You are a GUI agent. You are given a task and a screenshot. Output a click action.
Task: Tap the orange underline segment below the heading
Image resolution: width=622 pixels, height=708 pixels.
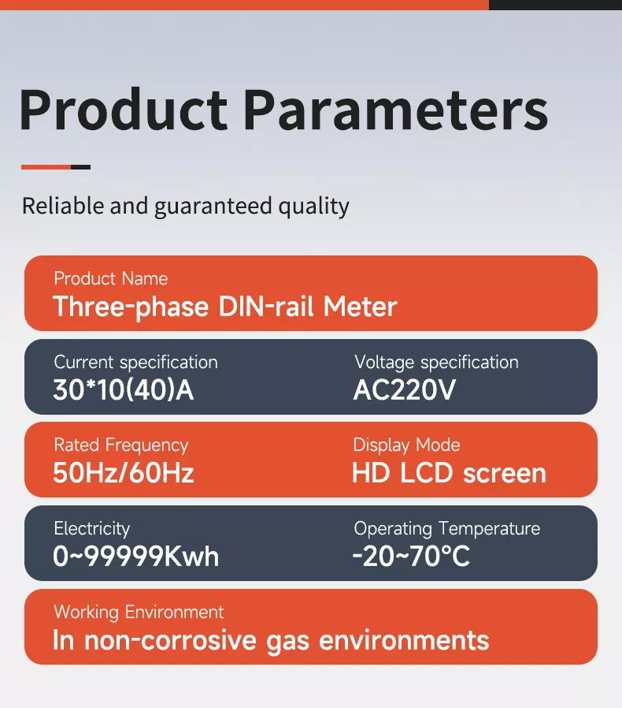(x=46, y=167)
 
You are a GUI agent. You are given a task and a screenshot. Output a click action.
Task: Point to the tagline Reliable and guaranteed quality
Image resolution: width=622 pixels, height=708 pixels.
(x=185, y=207)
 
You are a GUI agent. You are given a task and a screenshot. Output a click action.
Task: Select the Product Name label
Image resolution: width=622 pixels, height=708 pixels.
(x=110, y=278)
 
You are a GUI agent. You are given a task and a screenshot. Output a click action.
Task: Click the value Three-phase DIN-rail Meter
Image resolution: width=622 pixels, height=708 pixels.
(x=224, y=306)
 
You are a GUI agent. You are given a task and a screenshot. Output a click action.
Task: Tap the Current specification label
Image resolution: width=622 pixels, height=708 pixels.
(x=135, y=362)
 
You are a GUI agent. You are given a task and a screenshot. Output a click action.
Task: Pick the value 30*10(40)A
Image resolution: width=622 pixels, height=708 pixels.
(x=123, y=389)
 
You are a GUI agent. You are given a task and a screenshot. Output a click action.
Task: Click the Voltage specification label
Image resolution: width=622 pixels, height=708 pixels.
(x=436, y=362)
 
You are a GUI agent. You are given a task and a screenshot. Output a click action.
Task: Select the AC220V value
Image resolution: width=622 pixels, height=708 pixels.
(x=405, y=389)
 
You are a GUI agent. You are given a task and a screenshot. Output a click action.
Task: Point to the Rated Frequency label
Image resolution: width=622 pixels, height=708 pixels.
(x=120, y=445)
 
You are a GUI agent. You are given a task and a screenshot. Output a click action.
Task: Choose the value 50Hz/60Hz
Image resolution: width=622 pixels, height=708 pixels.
(x=123, y=473)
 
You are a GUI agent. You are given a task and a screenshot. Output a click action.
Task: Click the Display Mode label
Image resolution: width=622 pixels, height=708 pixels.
(x=406, y=445)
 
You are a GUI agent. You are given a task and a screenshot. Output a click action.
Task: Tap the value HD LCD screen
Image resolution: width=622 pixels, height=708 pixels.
(x=449, y=473)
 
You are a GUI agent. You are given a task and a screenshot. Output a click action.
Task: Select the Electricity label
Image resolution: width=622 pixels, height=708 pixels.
(x=91, y=528)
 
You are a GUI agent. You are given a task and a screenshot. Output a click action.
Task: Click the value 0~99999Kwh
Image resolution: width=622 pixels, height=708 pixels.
(x=135, y=557)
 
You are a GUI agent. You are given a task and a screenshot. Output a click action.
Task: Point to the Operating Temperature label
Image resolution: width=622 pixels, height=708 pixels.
(x=446, y=528)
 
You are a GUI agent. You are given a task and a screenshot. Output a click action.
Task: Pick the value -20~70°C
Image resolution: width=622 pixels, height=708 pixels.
(x=411, y=557)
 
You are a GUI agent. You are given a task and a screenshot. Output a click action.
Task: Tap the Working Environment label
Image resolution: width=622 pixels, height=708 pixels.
(x=139, y=612)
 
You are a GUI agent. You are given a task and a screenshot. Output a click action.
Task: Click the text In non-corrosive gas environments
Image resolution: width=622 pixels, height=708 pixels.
(x=271, y=639)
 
